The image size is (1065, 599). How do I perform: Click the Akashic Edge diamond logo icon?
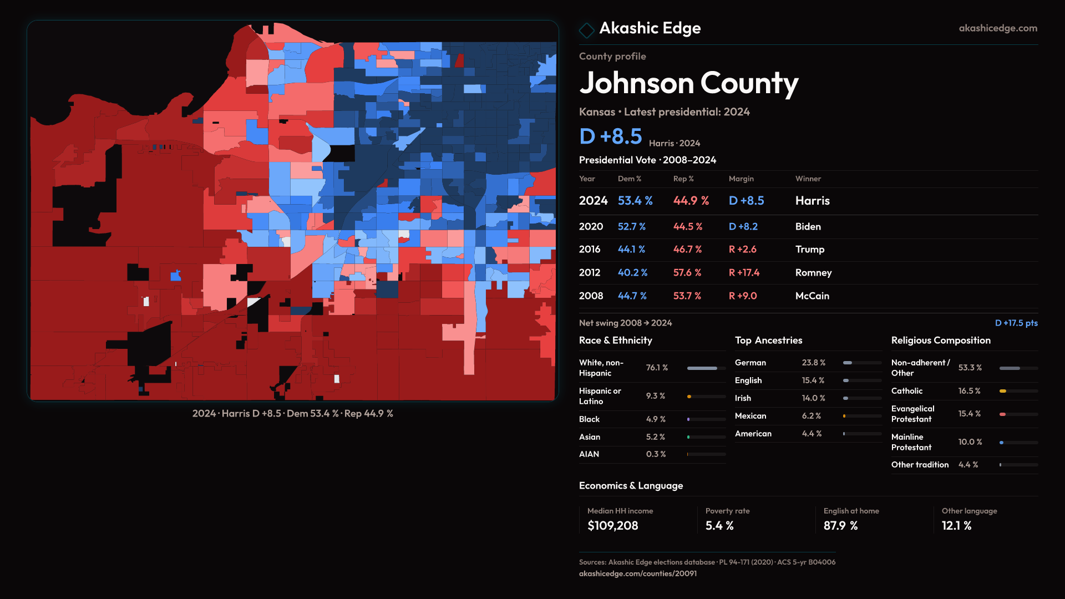point(586,30)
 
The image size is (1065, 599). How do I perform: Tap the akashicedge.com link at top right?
point(997,28)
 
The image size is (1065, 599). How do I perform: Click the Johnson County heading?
point(688,83)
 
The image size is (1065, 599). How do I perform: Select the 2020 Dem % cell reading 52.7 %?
point(631,227)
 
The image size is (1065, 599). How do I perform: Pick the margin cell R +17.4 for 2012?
point(744,273)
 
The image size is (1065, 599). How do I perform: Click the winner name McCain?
point(812,296)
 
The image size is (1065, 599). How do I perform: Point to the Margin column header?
point(741,179)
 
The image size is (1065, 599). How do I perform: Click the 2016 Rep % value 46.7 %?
point(687,250)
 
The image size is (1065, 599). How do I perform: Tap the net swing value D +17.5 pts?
point(1016,323)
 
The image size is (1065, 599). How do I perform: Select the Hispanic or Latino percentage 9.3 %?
point(655,396)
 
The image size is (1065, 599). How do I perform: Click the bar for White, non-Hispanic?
point(702,368)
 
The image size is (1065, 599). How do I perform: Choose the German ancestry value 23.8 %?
point(813,363)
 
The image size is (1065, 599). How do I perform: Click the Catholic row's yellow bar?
point(1003,391)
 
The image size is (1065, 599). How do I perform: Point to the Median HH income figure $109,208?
point(612,526)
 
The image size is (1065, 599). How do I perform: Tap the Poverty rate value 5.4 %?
point(719,526)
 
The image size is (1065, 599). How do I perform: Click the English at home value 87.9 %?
point(840,526)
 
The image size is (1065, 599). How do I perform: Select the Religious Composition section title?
point(941,341)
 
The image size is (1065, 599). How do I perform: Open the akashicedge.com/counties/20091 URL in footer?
point(637,573)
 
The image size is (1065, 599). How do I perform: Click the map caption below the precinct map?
point(292,414)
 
